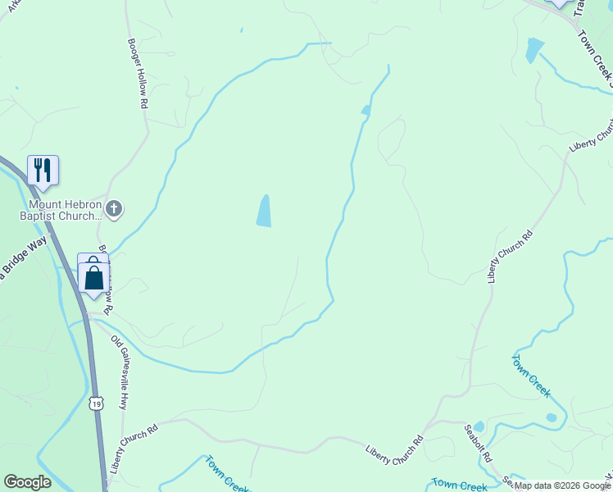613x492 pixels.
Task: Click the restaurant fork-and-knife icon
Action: (43, 170)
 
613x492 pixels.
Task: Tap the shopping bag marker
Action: (94, 279)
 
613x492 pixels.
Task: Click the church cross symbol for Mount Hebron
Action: (114, 209)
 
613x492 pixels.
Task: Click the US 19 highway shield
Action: (97, 403)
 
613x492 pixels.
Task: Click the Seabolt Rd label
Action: (477, 442)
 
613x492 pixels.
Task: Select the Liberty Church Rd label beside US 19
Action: (133, 448)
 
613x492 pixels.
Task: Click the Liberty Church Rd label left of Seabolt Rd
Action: (394, 450)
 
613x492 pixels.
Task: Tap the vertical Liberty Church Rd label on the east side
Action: (509, 257)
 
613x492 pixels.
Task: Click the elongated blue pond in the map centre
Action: (264, 212)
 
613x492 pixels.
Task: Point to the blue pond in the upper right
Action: (534, 50)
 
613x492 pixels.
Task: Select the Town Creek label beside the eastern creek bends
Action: (531, 376)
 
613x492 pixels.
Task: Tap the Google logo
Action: (27, 482)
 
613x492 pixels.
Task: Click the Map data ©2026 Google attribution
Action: (562, 485)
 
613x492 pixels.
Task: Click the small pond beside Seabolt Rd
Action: (479, 426)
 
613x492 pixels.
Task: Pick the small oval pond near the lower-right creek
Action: (552, 417)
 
